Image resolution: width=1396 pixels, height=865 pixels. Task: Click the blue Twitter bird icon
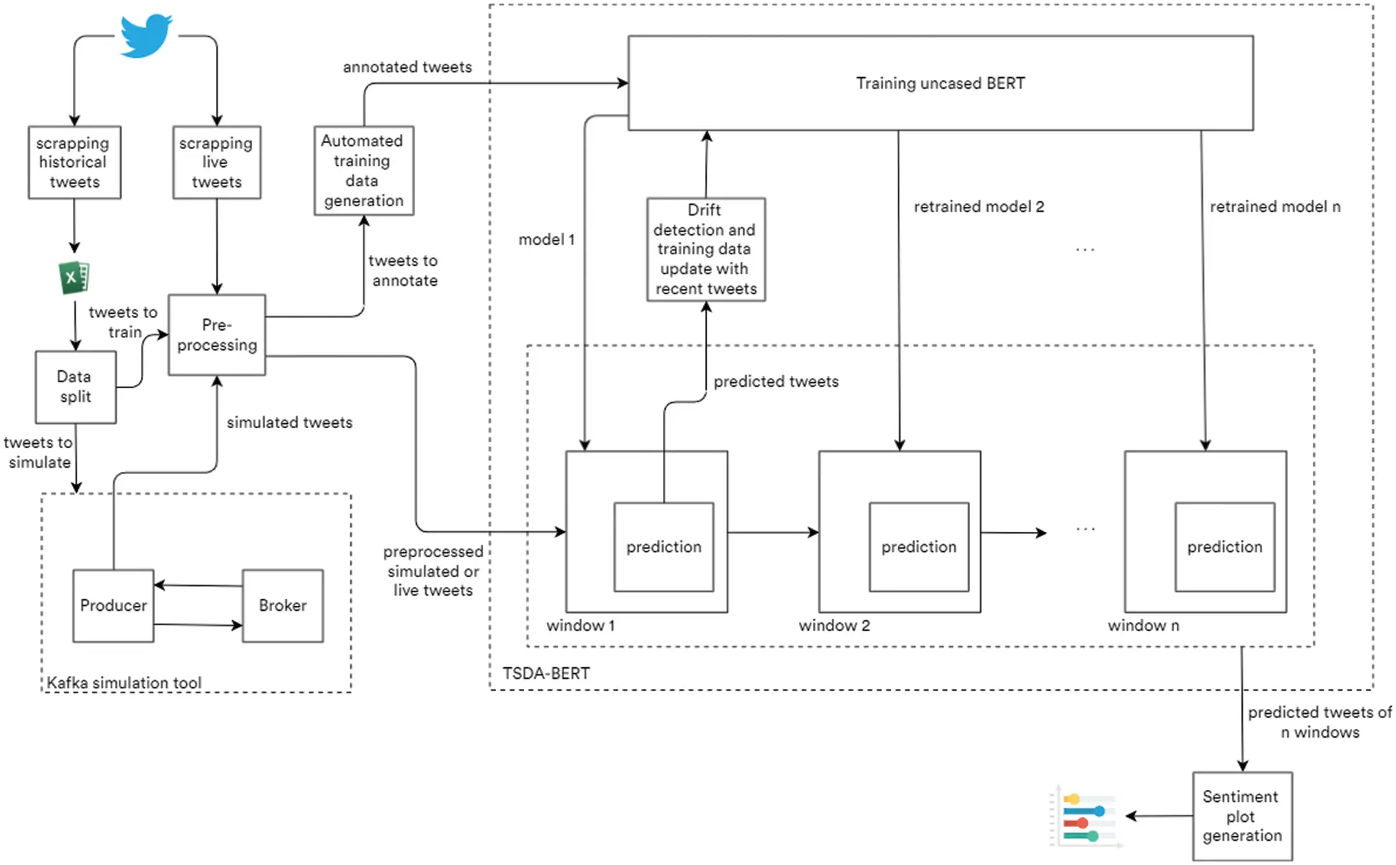(x=146, y=35)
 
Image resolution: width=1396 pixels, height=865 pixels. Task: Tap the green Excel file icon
(x=74, y=278)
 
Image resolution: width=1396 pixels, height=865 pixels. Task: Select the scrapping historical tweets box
(x=74, y=163)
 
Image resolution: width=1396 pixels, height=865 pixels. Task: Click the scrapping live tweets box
(x=216, y=163)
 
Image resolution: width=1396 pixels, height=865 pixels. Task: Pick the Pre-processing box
(x=217, y=334)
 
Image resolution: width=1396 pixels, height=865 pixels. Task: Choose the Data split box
(x=75, y=387)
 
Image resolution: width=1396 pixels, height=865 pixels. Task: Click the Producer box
(x=113, y=605)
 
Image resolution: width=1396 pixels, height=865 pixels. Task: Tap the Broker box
(x=282, y=605)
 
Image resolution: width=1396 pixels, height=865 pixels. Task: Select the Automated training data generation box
(x=364, y=170)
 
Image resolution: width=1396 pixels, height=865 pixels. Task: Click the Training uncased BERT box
(x=940, y=83)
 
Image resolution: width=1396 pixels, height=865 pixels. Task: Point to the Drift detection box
(x=705, y=249)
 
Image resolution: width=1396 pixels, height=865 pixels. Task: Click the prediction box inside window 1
(x=664, y=546)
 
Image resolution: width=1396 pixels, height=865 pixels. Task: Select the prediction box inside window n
(x=1224, y=546)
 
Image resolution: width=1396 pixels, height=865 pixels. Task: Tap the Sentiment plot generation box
(x=1241, y=816)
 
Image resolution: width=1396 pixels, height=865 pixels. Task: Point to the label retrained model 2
(x=979, y=207)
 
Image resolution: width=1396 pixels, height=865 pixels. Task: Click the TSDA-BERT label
(x=546, y=673)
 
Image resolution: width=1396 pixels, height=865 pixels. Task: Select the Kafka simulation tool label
(x=124, y=682)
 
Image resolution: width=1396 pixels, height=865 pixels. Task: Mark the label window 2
(x=834, y=625)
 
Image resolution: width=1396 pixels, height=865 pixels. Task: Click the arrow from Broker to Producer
(x=198, y=586)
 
